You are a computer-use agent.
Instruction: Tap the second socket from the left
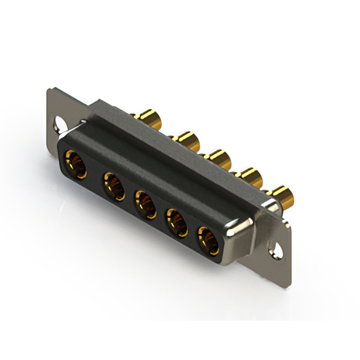pos(114,185)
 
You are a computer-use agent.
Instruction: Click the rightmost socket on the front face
pos(208,238)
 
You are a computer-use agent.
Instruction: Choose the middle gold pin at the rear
pos(218,158)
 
